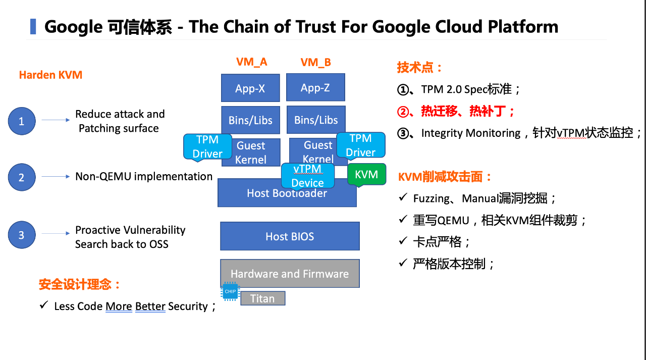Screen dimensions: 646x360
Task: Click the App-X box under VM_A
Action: pos(250,88)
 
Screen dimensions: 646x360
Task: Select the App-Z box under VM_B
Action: pos(315,87)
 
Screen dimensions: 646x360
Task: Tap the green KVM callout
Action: pos(366,175)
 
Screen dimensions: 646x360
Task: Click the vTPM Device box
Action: pos(308,176)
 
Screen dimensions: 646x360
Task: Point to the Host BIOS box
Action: pos(290,236)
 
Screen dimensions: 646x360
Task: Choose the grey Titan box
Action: pos(263,298)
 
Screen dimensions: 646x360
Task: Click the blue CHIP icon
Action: pos(230,291)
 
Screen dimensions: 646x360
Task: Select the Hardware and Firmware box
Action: pos(290,274)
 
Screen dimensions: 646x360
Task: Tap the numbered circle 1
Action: pos(22,121)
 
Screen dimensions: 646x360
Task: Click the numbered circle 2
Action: pos(22,177)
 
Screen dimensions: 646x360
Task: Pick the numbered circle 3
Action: pos(22,235)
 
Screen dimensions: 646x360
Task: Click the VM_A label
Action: pos(252,62)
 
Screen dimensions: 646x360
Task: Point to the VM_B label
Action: pos(316,62)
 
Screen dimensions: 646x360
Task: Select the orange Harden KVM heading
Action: pos(51,75)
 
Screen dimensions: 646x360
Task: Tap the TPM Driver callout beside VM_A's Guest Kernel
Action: pos(207,147)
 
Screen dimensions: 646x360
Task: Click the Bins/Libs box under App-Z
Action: pos(316,120)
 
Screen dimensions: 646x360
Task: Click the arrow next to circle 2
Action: pos(56,177)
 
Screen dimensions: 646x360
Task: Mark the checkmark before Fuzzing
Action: pos(403,197)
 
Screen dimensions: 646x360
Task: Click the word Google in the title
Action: pos(74,27)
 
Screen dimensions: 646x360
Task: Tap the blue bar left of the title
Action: pos(33,27)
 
